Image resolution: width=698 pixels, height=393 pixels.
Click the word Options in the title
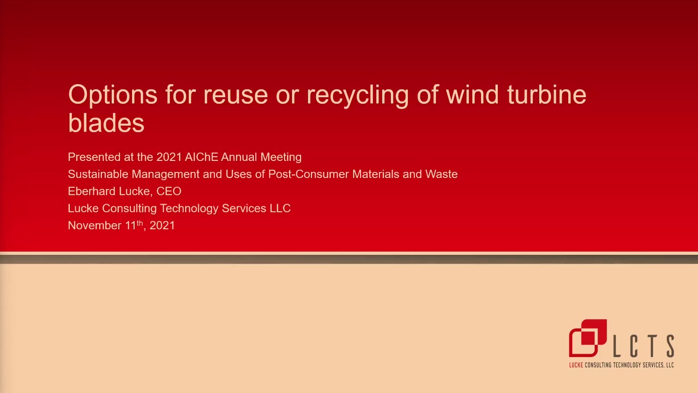coord(113,95)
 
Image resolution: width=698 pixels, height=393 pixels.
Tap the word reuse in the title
coord(236,95)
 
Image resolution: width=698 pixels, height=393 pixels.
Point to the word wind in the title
coord(472,94)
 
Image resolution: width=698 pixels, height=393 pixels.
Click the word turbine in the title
coord(547,94)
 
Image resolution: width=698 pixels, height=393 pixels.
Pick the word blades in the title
coord(106,123)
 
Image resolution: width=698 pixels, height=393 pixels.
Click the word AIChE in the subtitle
coord(201,157)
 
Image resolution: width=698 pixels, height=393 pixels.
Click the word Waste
coord(441,174)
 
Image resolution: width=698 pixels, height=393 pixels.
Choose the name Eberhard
coord(92,191)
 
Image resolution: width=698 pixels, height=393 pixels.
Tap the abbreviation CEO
coord(169,191)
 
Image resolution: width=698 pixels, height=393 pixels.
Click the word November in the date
coord(94,225)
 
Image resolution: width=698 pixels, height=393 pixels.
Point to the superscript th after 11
coord(140,223)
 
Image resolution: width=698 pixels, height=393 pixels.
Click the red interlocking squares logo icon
coord(588,338)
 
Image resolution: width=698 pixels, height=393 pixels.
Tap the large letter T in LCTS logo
coord(652,346)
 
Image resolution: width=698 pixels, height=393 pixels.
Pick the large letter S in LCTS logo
coord(671,346)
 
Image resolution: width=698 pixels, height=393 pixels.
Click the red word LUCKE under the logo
coord(576,365)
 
